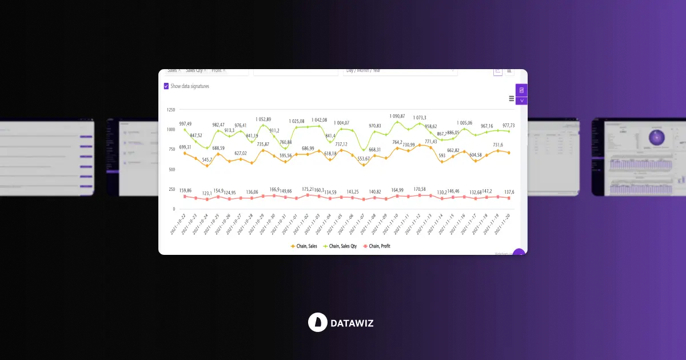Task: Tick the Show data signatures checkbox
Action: pyautogui.click(x=166, y=86)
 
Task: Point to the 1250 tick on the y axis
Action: pyautogui.click(x=171, y=109)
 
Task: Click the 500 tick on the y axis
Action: pyautogui.click(x=171, y=170)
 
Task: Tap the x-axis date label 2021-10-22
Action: pyautogui.click(x=178, y=225)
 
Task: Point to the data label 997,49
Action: pyautogui.click(x=185, y=124)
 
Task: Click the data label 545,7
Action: pyautogui.click(x=207, y=159)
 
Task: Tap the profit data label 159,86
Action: pyautogui.click(x=185, y=190)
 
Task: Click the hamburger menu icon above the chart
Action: pyautogui.click(x=511, y=98)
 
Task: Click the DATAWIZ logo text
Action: pyautogui.click(x=352, y=323)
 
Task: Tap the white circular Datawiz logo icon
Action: pyautogui.click(x=317, y=322)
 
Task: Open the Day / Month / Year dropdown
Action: pyautogui.click(x=400, y=71)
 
